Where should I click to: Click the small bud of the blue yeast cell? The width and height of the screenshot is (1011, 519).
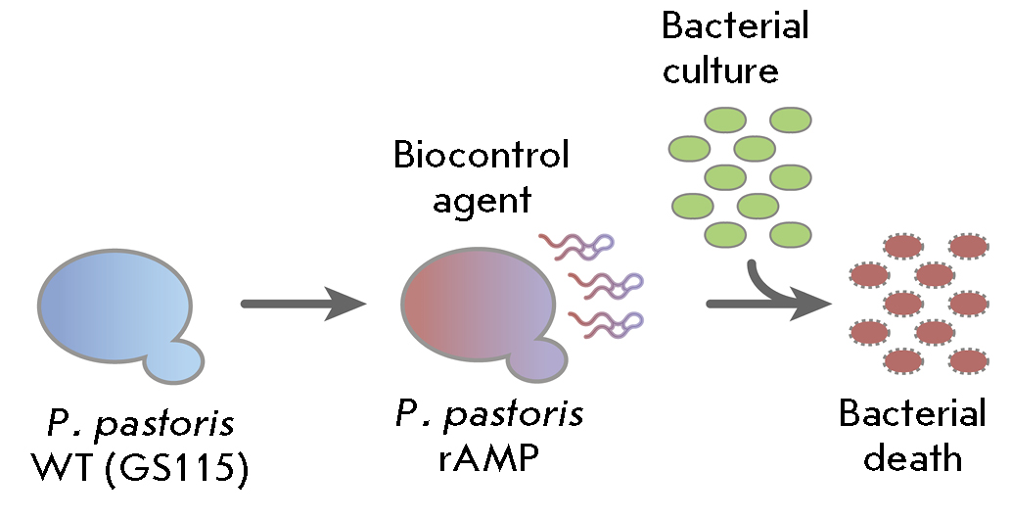pos(175,360)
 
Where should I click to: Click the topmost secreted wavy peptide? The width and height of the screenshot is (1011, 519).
pos(577,245)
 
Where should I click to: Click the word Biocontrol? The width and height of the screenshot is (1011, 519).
pos(481,155)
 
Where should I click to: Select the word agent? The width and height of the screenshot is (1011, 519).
pos(482,200)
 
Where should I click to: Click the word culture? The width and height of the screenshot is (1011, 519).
pos(720,71)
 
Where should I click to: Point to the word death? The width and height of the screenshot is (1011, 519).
pos(913,458)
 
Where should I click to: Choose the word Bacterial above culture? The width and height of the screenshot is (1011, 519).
pos(736,25)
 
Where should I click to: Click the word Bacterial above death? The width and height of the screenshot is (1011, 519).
pos(913,414)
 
